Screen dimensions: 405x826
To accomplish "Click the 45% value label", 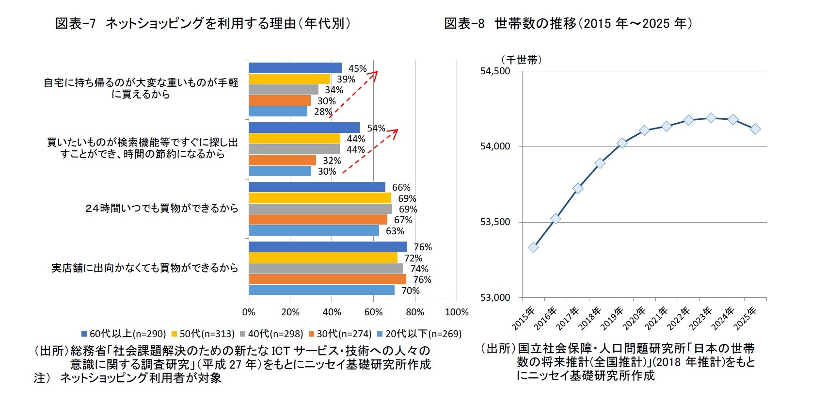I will pyautogui.click(x=357, y=69).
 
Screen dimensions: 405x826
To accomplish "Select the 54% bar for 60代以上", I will pyautogui.click(x=304, y=128).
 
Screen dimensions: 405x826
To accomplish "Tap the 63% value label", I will pyautogui.click(x=395, y=231).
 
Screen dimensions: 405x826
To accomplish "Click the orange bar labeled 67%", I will pyautogui.click(x=318, y=220).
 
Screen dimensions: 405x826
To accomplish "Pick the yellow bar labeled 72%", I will pyautogui.click(x=323, y=258).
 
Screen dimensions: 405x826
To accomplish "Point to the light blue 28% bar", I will pyautogui.click(x=278, y=112).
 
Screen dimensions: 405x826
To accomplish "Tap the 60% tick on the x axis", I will pyautogui.click(x=373, y=312).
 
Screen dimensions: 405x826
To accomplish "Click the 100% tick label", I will pyautogui.click(x=457, y=312).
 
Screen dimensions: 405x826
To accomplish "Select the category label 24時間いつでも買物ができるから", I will pyautogui.click(x=161, y=209).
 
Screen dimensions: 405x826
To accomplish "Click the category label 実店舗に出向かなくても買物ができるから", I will pyautogui.click(x=144, y=268).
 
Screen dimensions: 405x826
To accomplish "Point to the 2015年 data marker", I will pyautogui.click(x=533, y=247).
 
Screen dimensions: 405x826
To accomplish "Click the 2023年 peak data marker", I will pyautogui.click(x=711, y=118).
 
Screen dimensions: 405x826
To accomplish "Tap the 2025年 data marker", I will pyautogui.click(x=755, y=129).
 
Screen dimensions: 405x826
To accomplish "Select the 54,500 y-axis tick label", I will pyautogui.click(x=495, y=71).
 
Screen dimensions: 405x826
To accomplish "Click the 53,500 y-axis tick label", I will pyautogui.click(x=495, y=222).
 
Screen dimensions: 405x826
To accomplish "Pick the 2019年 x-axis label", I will pyautogui.click(x=612, y=318).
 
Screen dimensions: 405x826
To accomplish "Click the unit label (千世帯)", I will pyautogui.click(x=521, y=60).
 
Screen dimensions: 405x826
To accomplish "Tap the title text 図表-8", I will pyautogui.click(x=464, y=23).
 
